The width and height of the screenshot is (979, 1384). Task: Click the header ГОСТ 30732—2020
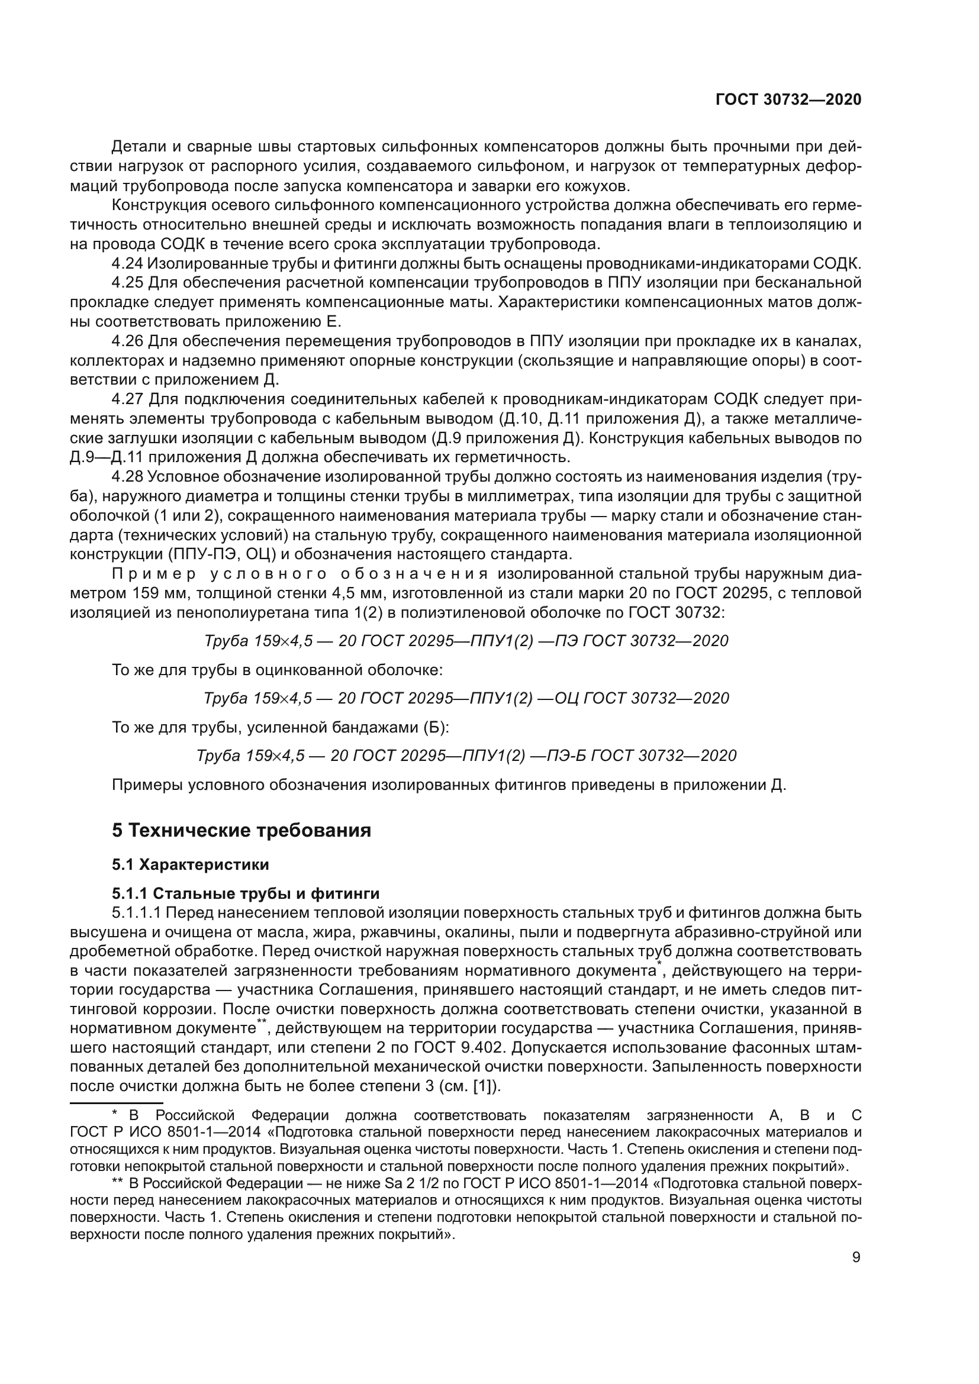(x=788, y=99)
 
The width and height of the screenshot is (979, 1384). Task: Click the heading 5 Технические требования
(x=241, y=831)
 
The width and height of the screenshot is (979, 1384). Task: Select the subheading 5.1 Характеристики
(x=191, y=864)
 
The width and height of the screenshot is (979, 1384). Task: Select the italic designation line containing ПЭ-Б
(x=466, y=755)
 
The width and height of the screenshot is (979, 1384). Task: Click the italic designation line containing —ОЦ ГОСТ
(x=466, y=698)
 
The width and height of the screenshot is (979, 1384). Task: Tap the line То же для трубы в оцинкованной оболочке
(x=277, y=670)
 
